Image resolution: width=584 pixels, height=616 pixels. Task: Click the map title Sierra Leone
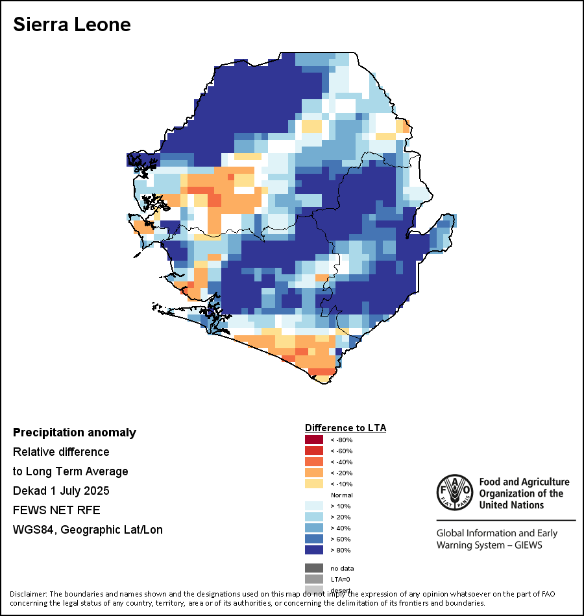72,25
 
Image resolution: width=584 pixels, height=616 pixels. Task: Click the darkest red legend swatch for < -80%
314,440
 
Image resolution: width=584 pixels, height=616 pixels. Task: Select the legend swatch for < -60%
314,451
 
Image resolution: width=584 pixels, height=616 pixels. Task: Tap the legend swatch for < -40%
314,462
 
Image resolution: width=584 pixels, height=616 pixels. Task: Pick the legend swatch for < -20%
314,473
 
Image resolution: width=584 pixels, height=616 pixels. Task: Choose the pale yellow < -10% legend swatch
314,484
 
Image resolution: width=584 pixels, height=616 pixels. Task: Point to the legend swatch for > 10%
314,506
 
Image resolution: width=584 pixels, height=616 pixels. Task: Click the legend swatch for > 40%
314,528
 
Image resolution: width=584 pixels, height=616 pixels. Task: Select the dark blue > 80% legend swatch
314,550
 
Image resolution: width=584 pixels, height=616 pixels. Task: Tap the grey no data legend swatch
314,568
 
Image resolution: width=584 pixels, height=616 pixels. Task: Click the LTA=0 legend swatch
314,579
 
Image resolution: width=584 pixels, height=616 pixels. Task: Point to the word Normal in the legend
341,495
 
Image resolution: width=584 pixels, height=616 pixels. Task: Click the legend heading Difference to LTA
345,428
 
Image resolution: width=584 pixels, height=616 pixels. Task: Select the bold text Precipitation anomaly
75,432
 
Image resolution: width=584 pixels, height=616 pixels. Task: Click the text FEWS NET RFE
56,510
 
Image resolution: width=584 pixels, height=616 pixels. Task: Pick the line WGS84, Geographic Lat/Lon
88,530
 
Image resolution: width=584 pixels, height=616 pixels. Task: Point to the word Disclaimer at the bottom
28,594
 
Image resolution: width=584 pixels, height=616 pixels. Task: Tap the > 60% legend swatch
314,539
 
